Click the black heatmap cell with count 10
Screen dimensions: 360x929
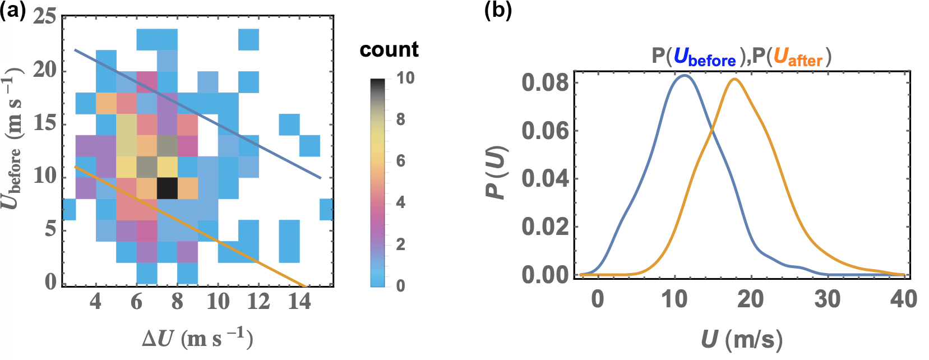167,188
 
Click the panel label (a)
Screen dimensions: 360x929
13,11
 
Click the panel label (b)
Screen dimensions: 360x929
498,11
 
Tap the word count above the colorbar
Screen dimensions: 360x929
389,50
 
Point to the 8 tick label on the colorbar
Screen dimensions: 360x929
400,119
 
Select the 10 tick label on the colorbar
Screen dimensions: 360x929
405,78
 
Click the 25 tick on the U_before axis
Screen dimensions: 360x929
45,16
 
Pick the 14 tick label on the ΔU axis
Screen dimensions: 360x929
299,302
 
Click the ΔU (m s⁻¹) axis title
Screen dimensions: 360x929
197,339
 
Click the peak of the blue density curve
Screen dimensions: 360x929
683,75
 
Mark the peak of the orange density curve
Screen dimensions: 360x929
734,79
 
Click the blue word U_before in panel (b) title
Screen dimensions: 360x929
704,57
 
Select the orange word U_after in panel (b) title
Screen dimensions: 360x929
798,57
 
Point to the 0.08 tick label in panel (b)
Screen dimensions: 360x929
545,83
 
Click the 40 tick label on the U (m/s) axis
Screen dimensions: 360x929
903,299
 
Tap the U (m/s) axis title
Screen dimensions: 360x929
741,339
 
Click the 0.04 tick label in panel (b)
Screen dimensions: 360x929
545,179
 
